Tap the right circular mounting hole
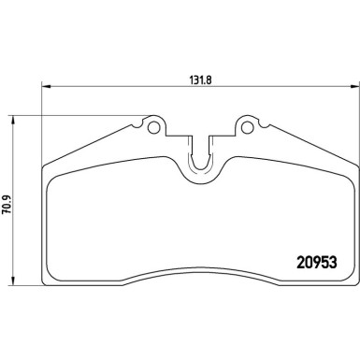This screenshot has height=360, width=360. point(248,122)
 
